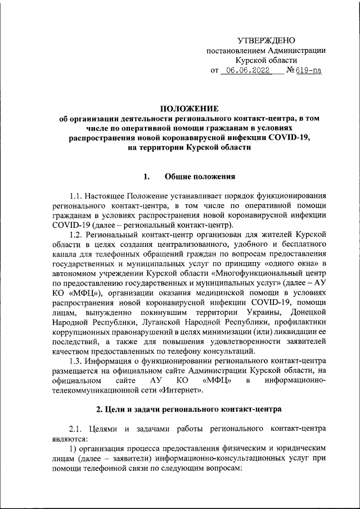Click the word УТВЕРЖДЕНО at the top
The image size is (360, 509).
click(266, 40)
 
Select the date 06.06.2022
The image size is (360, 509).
click(246, 71)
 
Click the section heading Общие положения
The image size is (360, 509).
click(199, 178)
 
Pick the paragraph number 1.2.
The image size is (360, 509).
click(76, 234)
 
